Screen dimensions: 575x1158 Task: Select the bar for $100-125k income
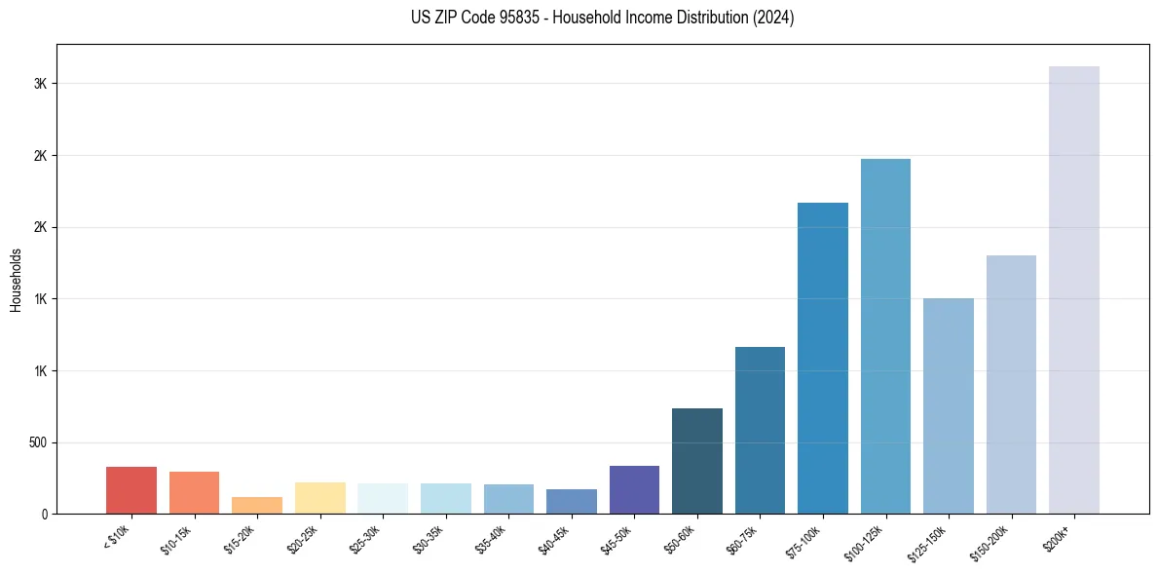[x=885, y=336]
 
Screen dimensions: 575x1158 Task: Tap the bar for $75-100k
[x=823, y=358]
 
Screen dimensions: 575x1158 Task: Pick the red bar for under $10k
[x=131, y=490]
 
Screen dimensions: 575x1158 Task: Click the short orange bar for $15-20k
[x=257, y=505]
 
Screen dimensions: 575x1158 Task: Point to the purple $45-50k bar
[x=634, y=489]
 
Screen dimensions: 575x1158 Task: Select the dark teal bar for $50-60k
[x=697, y=461]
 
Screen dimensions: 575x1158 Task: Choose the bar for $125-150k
[x=949, y=405]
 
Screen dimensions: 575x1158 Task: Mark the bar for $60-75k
[x=760, y=430]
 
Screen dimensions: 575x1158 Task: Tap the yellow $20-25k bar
[x=320, y=497]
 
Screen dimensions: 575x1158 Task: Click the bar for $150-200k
[x=1011, y=384]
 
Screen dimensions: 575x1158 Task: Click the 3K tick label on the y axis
[x=41, y=84]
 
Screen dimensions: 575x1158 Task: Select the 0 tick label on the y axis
[x=45, y=514]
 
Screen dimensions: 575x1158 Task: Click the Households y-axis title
[x=16, y=280]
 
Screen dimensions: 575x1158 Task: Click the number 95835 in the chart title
[x=533, y=18]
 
